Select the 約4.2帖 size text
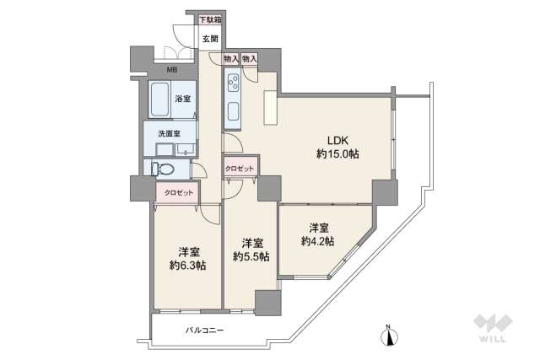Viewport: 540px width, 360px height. pos(317,241)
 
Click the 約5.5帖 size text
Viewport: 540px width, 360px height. pos(251,256)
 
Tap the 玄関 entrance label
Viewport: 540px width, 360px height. pos(210,38)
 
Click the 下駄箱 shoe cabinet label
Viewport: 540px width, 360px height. pos(210,20)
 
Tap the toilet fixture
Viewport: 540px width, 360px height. pos(164,169)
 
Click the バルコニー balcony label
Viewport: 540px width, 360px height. pos(205,330)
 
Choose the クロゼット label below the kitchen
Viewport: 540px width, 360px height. pos(239,169)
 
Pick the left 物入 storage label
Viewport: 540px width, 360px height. pos(230,58)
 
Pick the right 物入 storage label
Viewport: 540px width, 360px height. pos(249,58)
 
